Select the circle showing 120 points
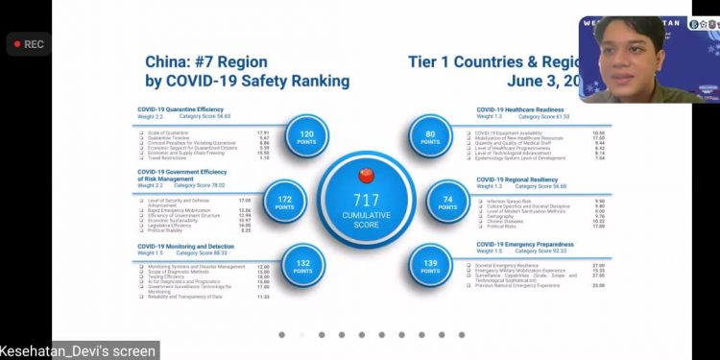(x=306, y=138)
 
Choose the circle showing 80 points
(x=431, y=137)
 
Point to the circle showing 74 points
(x=448, y=201)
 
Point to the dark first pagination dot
(x=281, y=335)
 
